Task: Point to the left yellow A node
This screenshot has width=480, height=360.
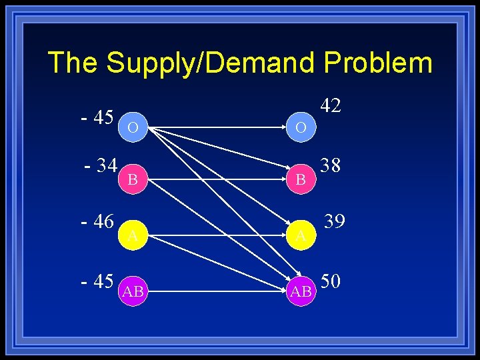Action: pyautogui.click(x=133, y=235)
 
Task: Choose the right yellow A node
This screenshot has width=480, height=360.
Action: pyautogui.click(x=301, y=235)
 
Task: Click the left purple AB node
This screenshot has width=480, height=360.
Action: pyautogui.click(x=133, y=291)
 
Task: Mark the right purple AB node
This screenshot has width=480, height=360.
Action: pyautogui.click(x=301, y=291)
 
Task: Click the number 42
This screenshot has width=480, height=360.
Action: pyautogui.click(x=331, y=105)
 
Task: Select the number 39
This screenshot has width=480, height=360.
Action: pyautogui.click(x=335, y=221)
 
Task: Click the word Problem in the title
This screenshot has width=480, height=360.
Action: pyautogui.click(x=378, y=63)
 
